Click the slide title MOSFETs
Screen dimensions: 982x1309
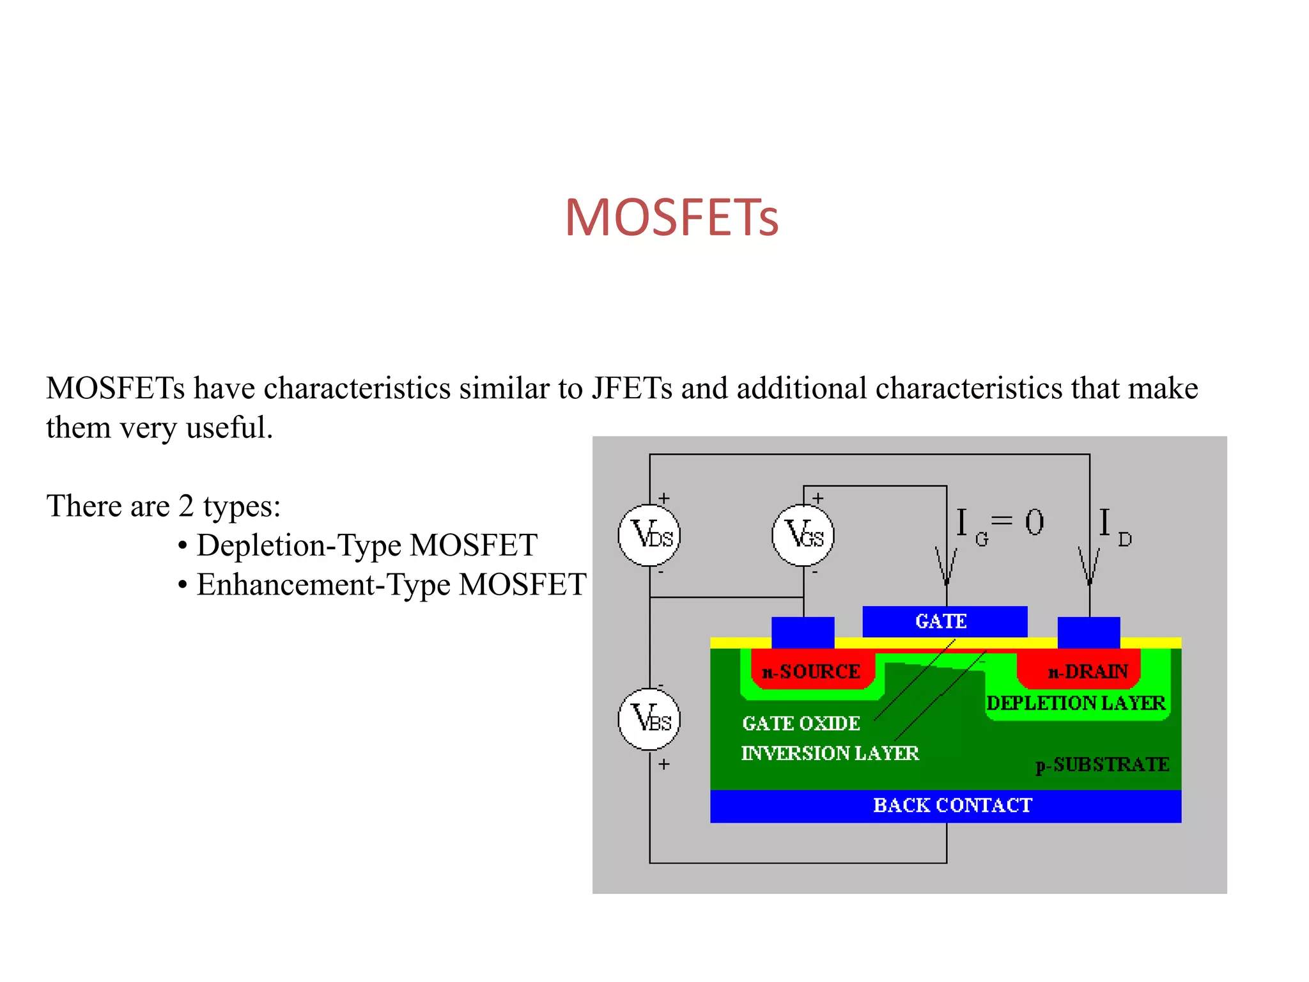[671, 217]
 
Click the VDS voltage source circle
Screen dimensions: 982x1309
[649, 535]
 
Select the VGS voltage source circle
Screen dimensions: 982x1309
[803, 535]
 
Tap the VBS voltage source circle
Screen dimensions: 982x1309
[649, 719]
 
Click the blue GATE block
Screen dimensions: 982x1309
[944, 621]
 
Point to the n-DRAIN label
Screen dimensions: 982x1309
[1088, 671]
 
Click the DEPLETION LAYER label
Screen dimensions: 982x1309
[1076, 703]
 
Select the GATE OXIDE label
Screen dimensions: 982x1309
[801, 723]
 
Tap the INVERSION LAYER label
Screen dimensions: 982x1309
[830, 753]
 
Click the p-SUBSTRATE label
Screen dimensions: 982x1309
[1102, 765]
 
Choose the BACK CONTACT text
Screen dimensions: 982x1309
[952, 806]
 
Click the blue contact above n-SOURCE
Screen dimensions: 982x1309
[803, 632]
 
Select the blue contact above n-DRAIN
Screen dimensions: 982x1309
[1088, 632]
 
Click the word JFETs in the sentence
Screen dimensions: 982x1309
[631, 388]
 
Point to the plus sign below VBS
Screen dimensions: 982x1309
[664, 764]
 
